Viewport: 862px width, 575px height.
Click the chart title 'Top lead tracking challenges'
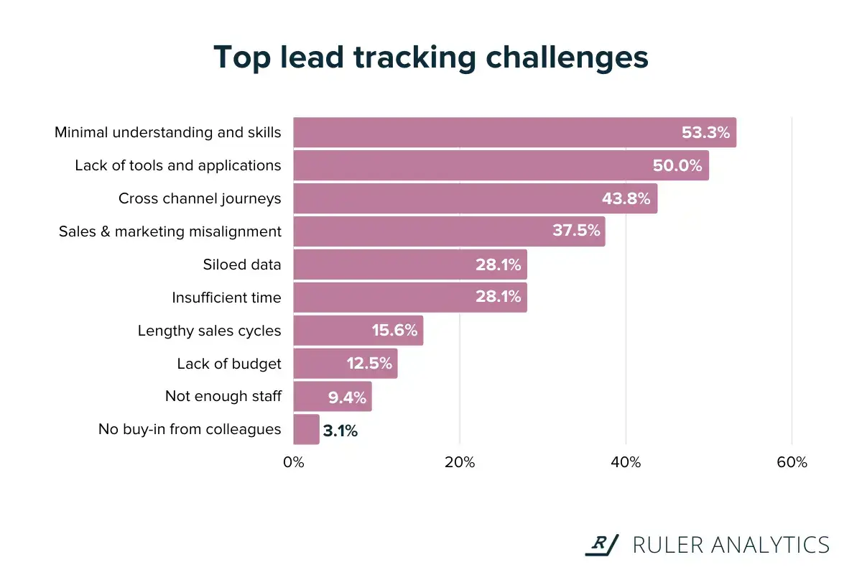(x=431, y=57)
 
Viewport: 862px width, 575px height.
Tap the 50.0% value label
(x=677, y=166)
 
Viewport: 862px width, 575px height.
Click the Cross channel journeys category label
(x=200, y=198)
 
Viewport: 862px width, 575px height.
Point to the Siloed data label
(x=242, y=264)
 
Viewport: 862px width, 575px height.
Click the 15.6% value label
(x=394, y=331)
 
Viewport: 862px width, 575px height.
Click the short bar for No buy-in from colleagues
(x=306, y=430)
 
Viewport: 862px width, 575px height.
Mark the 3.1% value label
(x=340, y=431)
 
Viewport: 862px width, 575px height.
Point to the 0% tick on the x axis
(x=294, y=462)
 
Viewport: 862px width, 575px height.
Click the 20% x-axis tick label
(x=460, y=462)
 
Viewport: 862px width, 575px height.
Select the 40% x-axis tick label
(x=626, y=462)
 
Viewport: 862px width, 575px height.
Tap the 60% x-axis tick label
(x=792, y=462)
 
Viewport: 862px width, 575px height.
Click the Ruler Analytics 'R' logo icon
(x=601, y=545)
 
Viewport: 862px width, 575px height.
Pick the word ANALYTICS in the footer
(x=769, y=545)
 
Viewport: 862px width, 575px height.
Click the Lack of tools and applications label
(x=178, y=165)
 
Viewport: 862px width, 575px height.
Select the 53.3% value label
(x=705, y=133)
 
